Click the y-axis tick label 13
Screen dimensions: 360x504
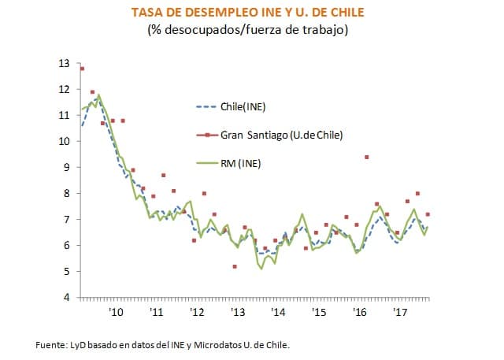(x=65, y=63)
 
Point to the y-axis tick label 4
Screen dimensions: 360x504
(x=67, y=297)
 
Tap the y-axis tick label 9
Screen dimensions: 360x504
(x=67, y=167)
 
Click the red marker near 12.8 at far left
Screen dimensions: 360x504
(x=82, y=69)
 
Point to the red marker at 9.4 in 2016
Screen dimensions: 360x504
(x=367, y=157)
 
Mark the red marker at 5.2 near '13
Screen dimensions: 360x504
(x=235, y=266)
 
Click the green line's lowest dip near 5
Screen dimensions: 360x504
(x=261, y=269)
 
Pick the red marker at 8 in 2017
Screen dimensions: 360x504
(x=417, y=194)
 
